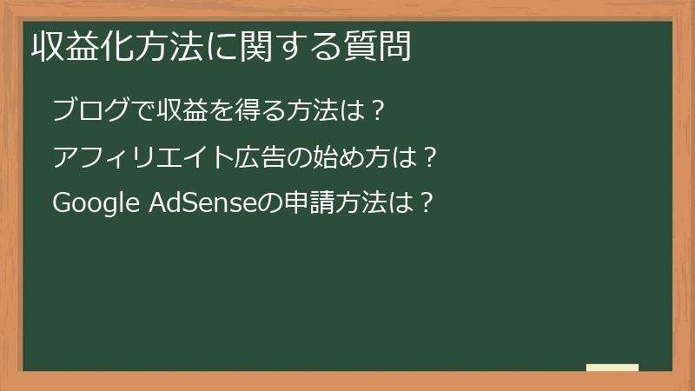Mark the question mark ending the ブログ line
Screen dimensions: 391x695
click(x=377, y=110)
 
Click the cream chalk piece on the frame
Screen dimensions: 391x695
click(x=612, y=368)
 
